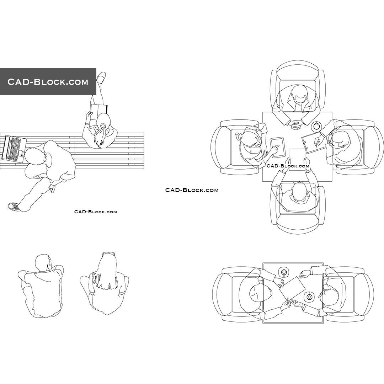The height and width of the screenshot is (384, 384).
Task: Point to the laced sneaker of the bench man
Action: (x=14, y=206)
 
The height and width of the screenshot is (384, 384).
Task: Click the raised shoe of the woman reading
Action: (x=101, y=77)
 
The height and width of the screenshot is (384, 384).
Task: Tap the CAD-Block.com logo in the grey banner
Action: (x=48, y=82)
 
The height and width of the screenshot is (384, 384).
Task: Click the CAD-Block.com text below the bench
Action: (x=95, y=212)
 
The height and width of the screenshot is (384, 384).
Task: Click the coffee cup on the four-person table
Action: (x=316, y=126)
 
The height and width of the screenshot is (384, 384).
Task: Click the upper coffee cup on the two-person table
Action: (x=284, y=272)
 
